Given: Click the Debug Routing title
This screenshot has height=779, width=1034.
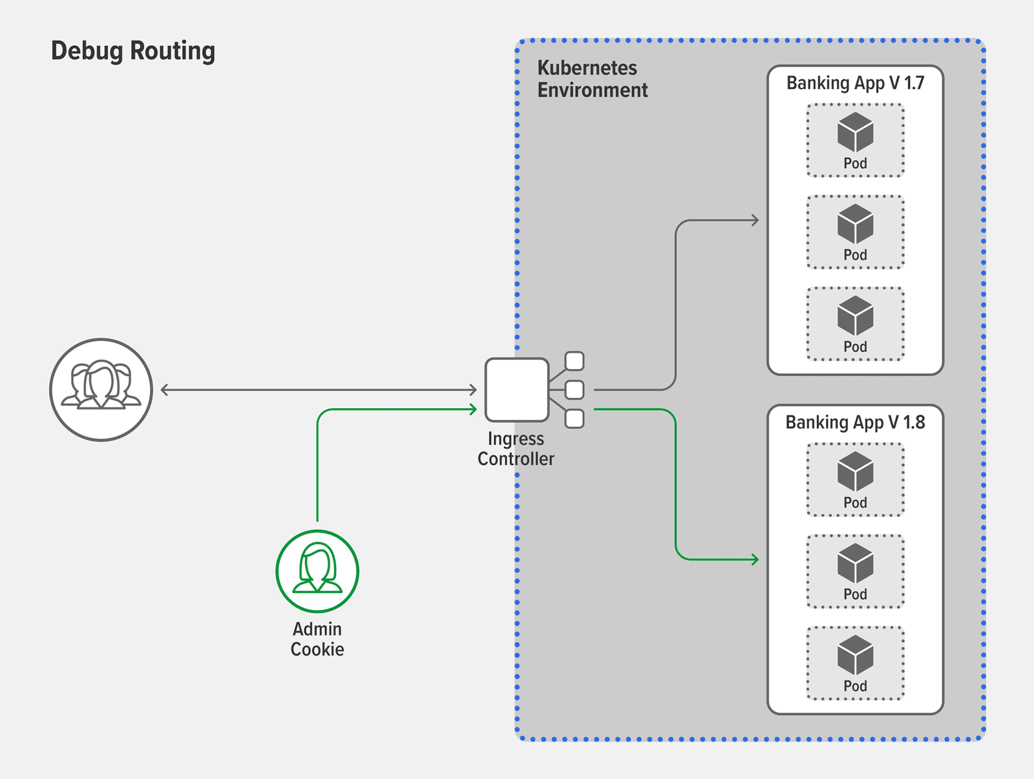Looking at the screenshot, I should tap(133, 51).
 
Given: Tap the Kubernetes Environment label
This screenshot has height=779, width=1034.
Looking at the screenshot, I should tap(591, 79).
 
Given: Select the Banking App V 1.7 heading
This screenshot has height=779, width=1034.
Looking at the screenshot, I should tap(855, 83).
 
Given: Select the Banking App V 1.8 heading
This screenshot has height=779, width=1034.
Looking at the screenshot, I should tap(855, 422).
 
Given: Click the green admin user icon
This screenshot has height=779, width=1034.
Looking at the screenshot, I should tap(317, 571).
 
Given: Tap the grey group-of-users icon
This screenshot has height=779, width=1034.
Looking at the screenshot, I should tap(101, 389).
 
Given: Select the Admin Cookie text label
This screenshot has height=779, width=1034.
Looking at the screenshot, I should tap(317, 639).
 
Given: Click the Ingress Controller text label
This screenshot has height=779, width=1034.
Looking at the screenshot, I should tap(516, 448).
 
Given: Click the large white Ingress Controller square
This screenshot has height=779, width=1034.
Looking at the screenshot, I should tap(516, 389).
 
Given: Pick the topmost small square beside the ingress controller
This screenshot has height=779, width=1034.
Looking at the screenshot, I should tap(574, 360).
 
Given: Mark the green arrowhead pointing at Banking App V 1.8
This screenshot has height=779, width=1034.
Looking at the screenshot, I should tap(755, 559).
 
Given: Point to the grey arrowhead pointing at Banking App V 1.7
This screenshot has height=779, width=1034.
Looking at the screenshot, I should tap(755, 220).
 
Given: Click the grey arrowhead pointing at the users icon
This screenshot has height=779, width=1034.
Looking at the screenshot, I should tap(165, 389).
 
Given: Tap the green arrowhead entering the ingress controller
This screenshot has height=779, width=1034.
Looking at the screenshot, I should tap(473, 409).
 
